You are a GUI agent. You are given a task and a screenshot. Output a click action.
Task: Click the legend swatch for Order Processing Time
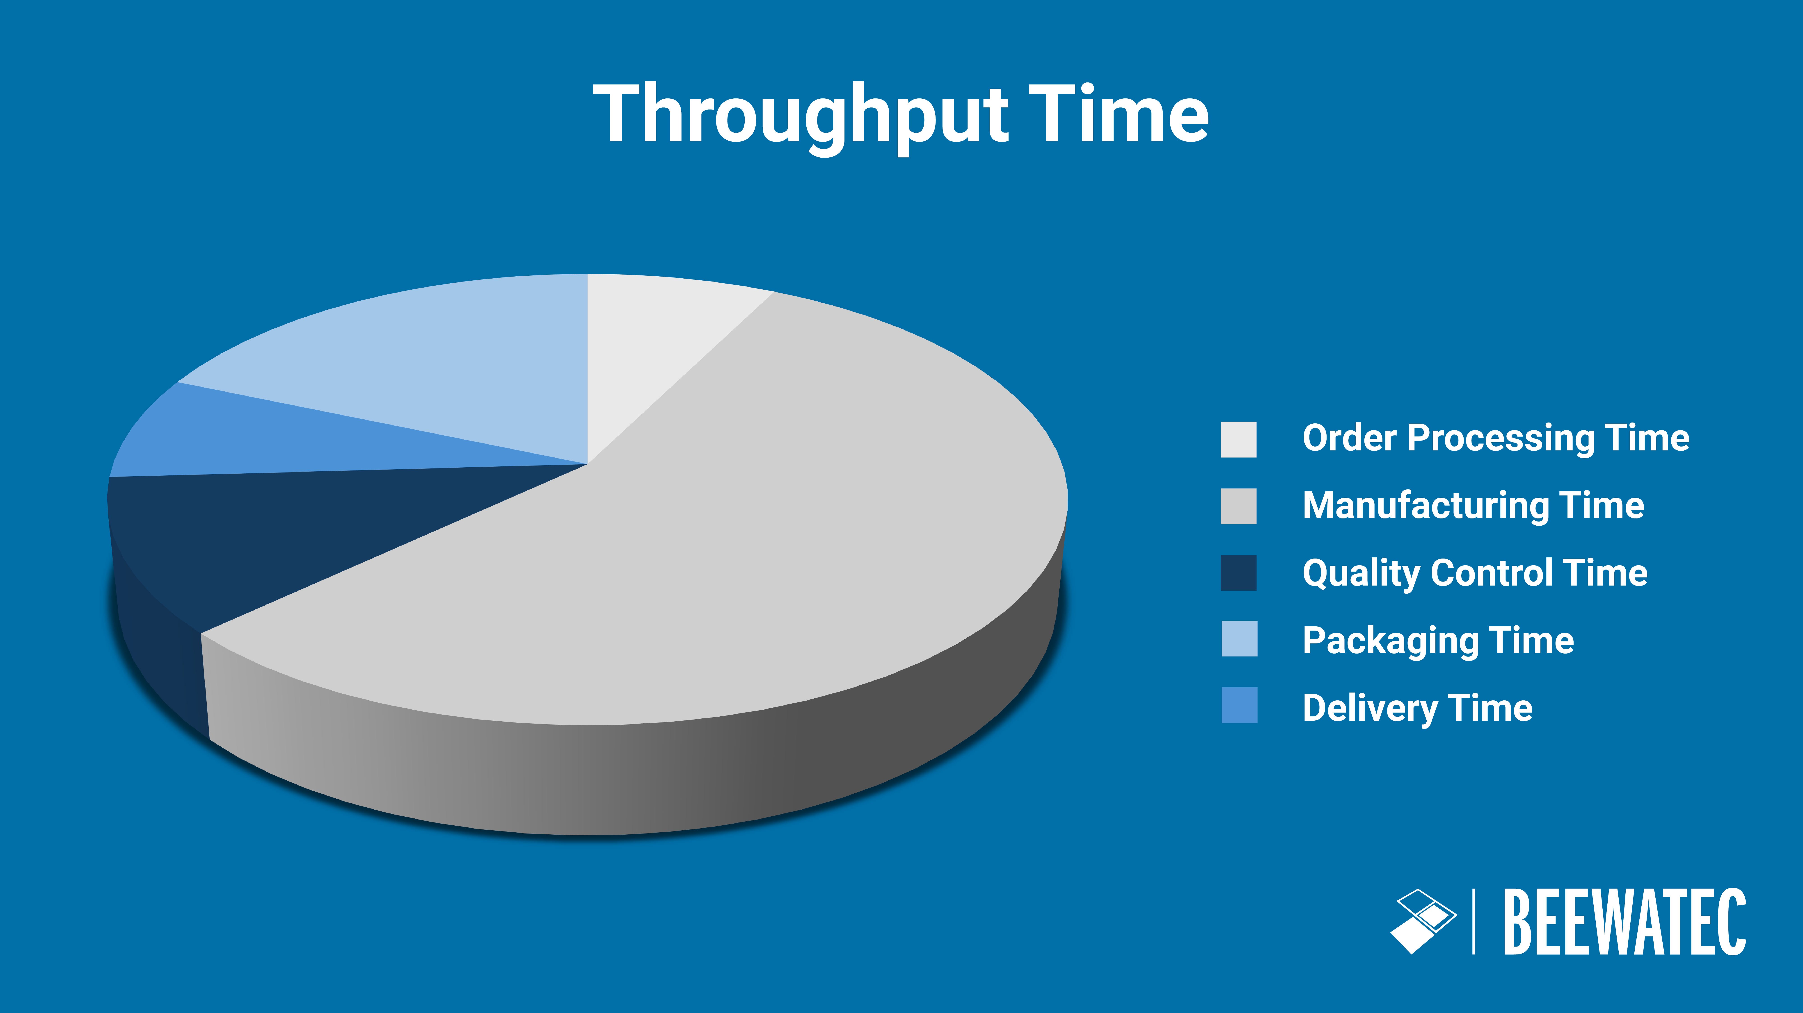tap(1238, 439)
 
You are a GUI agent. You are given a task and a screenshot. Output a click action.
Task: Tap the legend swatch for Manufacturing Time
tap(1238, 506)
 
